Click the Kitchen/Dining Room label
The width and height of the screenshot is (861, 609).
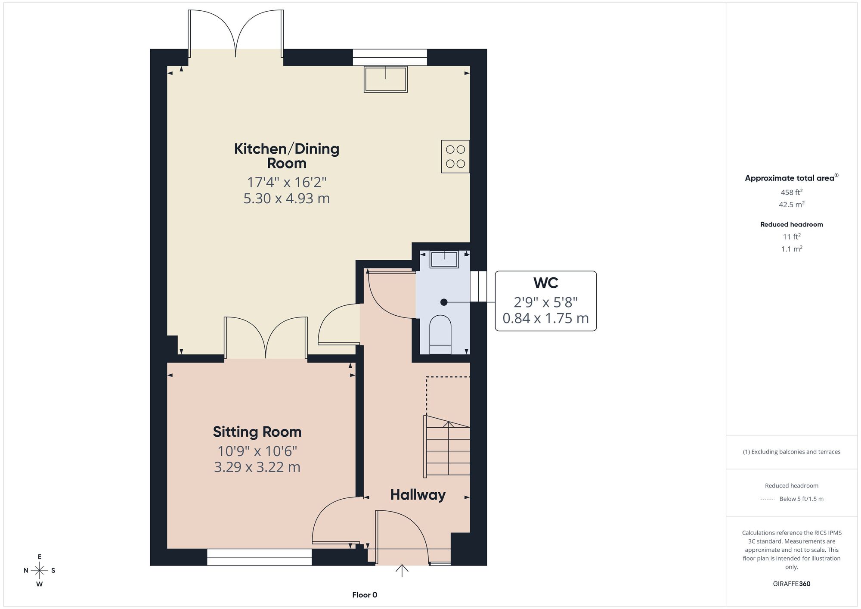click(287, 156)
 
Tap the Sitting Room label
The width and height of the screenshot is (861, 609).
click(257, 432)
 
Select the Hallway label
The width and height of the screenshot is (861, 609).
click(418, 495)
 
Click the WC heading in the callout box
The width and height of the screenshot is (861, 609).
click(545, 283)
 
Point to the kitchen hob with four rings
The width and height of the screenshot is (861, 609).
click(455, 157)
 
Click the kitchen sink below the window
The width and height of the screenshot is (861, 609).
click(386, 79)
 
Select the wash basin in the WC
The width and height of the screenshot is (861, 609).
click(444, 260)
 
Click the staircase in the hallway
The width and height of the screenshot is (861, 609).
click(447, 446)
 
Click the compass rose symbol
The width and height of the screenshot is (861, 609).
click(40, 571)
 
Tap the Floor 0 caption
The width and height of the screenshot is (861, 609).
click(365, 595)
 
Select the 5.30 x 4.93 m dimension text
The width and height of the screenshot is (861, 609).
click(287, 199)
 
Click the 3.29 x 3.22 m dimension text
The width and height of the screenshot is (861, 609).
click(257, 467)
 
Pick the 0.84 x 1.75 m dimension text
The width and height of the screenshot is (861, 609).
click(545, 318)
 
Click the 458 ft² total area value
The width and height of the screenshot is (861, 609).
click(792, 192)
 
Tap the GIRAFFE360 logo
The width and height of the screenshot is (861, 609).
click(792, 584)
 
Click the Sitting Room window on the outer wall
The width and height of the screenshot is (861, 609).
click(259, 557)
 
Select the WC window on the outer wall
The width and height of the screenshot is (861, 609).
click(478, 286)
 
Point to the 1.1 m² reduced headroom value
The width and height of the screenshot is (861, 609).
click(792, 249)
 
